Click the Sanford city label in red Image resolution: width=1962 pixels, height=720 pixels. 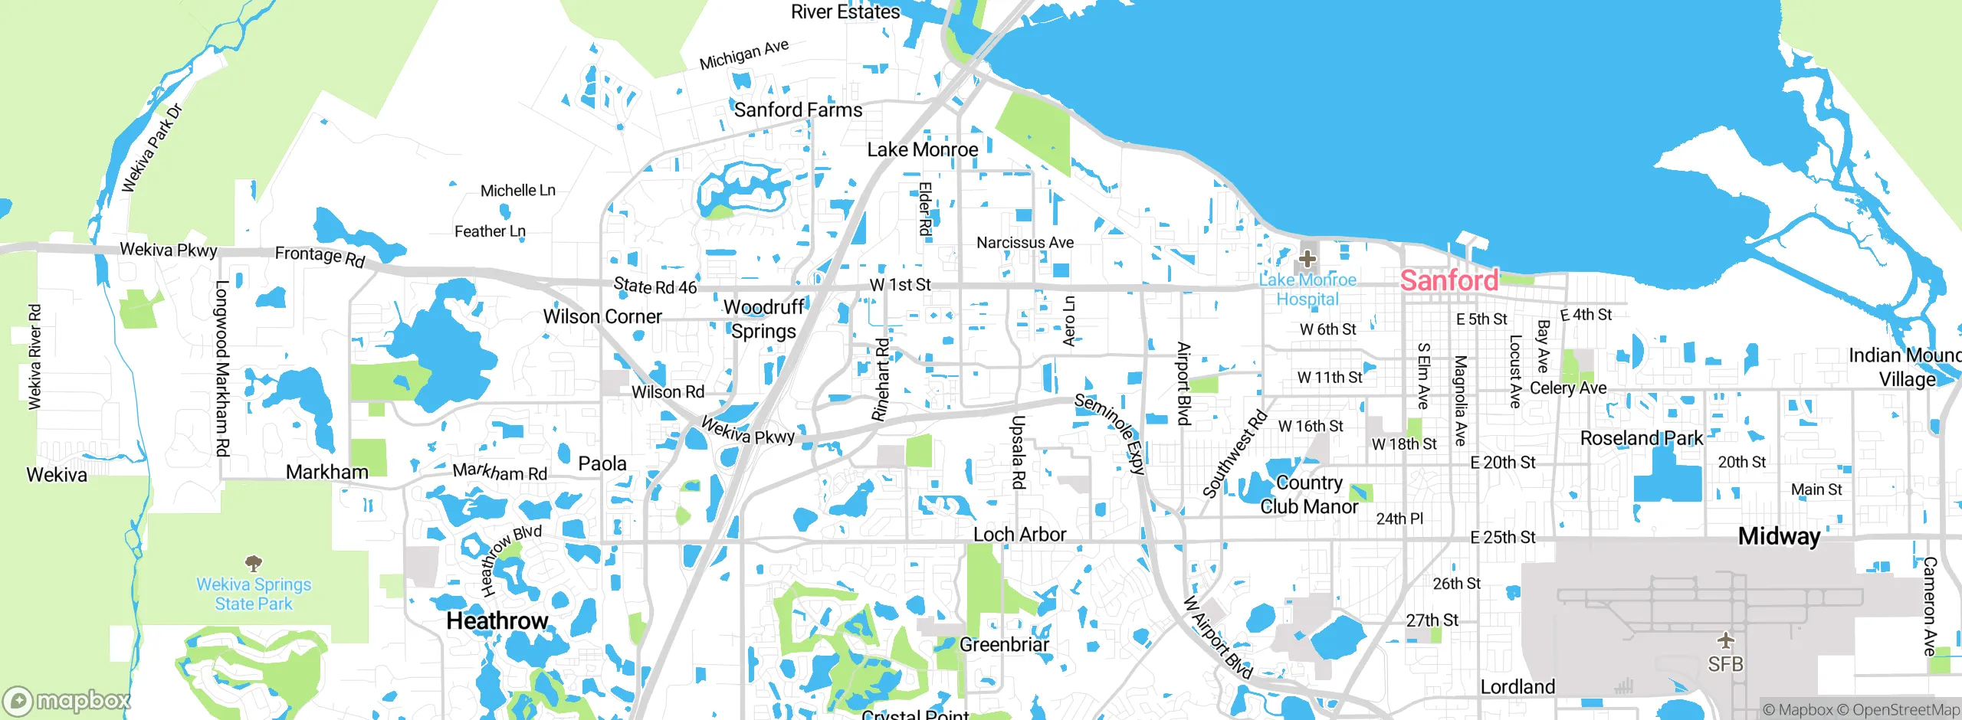click(x=1449, y=280)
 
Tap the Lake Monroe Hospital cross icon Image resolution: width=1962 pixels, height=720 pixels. click(x=1307, y=259)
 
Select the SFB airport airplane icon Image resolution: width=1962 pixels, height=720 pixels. click(x=1725, y=640)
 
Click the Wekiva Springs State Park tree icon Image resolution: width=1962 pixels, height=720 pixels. click(x=254, y=565)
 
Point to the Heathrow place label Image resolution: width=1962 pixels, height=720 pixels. click(x=497, y=620)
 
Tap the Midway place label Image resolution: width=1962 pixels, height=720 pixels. click(x=1779, y=536)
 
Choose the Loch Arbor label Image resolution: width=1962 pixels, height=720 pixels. click(x=1019, y=535)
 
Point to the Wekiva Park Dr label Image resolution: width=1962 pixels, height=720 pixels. click(x=153, y=148)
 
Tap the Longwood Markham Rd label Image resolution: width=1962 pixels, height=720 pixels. click(x=222, y=368)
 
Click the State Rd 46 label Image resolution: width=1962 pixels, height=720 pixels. click(x=655, y=286)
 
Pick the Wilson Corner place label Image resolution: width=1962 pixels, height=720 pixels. click(x=602, y=316)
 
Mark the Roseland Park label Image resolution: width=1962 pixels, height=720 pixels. click(x=1642, y=438)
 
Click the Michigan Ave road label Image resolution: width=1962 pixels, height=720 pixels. click(x=743, y=54)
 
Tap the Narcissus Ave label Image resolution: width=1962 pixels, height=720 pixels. click(x=1025, y=243)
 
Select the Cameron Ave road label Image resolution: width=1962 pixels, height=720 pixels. click(x=1929, y=606)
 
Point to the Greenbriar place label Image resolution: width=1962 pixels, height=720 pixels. click(x=1004, y=645)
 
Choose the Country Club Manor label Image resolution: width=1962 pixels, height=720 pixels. click(x=1309, y=495)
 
